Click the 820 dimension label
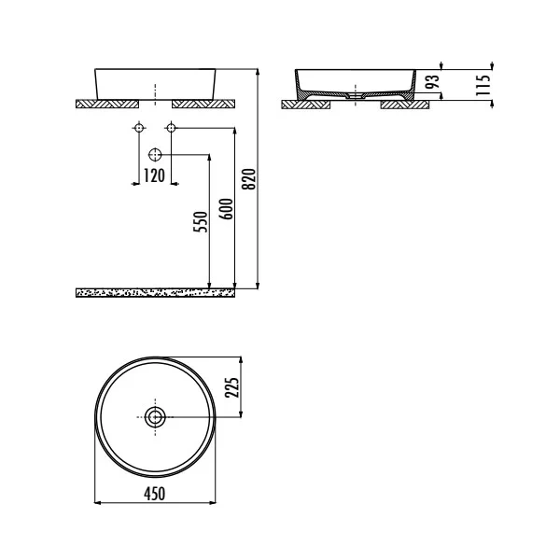pos(246,175)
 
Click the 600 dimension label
pos(225,211)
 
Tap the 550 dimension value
pos(199,224)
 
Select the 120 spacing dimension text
pos(154,175)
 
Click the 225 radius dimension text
pos(234,385)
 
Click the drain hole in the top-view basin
pos(155,415)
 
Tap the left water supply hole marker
pos(138,126)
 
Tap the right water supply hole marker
pos(170,126)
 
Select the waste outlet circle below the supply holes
pos(155,153)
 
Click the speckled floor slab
pos(155,292)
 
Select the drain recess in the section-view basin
pos(356,94)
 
